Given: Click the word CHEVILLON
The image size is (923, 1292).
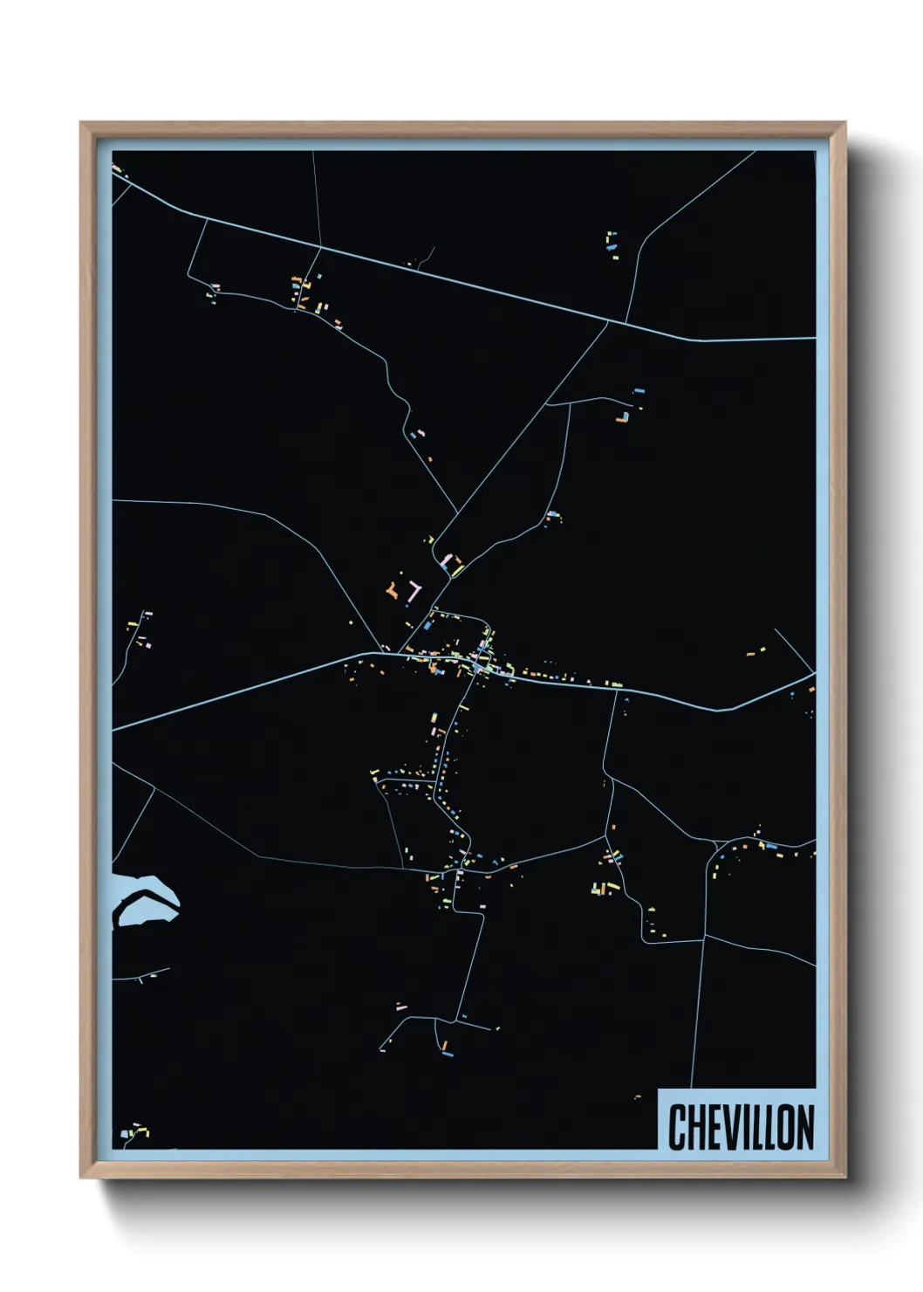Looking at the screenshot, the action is tap(741, 1127).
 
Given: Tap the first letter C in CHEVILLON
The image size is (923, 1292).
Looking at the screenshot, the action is tap(678, 1127).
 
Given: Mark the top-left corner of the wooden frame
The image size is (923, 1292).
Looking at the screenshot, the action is tap(81, 123).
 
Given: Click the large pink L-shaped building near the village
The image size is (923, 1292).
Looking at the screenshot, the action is tap(413, 592).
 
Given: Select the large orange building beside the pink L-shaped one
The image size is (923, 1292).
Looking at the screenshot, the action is tap(392, 592).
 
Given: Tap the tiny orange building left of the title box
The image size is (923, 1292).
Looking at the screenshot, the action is tap(638, 1096).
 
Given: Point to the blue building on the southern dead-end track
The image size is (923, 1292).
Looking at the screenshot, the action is tap(448, 1054).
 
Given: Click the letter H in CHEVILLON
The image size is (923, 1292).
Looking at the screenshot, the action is tap(695, 1127).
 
